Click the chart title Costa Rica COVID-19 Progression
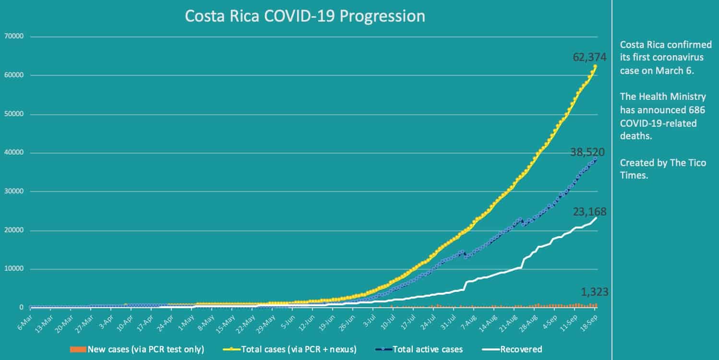click(x=305, y=16)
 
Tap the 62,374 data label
click(x=589, y=57)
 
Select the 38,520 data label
click(x=587, y=153)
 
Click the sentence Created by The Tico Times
click(x=663, y=169)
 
